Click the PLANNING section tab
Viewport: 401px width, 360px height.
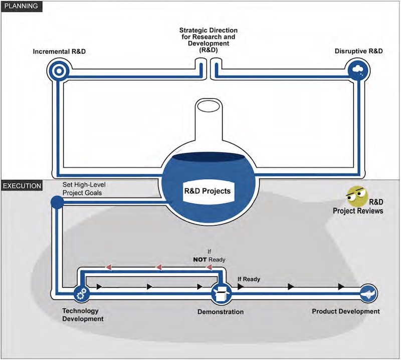(21, 7)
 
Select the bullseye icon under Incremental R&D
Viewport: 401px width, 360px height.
(58, 70)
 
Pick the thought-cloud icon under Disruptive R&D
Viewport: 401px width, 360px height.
(357, 70)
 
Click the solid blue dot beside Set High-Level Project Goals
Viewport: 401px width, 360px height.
(57, 202)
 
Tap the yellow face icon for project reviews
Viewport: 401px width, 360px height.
(356, 196)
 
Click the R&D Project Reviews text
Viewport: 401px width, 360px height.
(358, 207)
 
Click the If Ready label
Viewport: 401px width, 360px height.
(249, 279)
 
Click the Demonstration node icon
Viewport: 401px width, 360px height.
(220, 292)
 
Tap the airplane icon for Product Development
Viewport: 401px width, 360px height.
(368, 292)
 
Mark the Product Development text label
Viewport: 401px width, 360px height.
(346, 311)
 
